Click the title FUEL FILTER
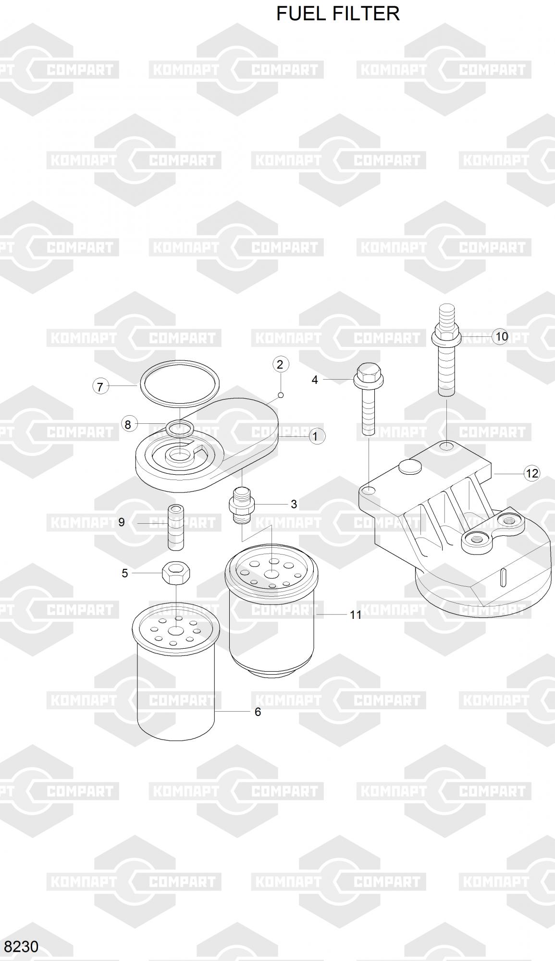pos(338,13)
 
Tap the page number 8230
pos(21,947)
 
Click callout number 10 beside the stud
pos(501,336)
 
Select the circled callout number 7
pos(100,386)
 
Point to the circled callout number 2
pos(281,364)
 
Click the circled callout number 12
pos(532,474)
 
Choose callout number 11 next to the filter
pos(356,615)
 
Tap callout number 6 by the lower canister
pos(258,712)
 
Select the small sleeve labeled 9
pos(176,527)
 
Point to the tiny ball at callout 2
pos(281,395)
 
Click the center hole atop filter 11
pos(271,574)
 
